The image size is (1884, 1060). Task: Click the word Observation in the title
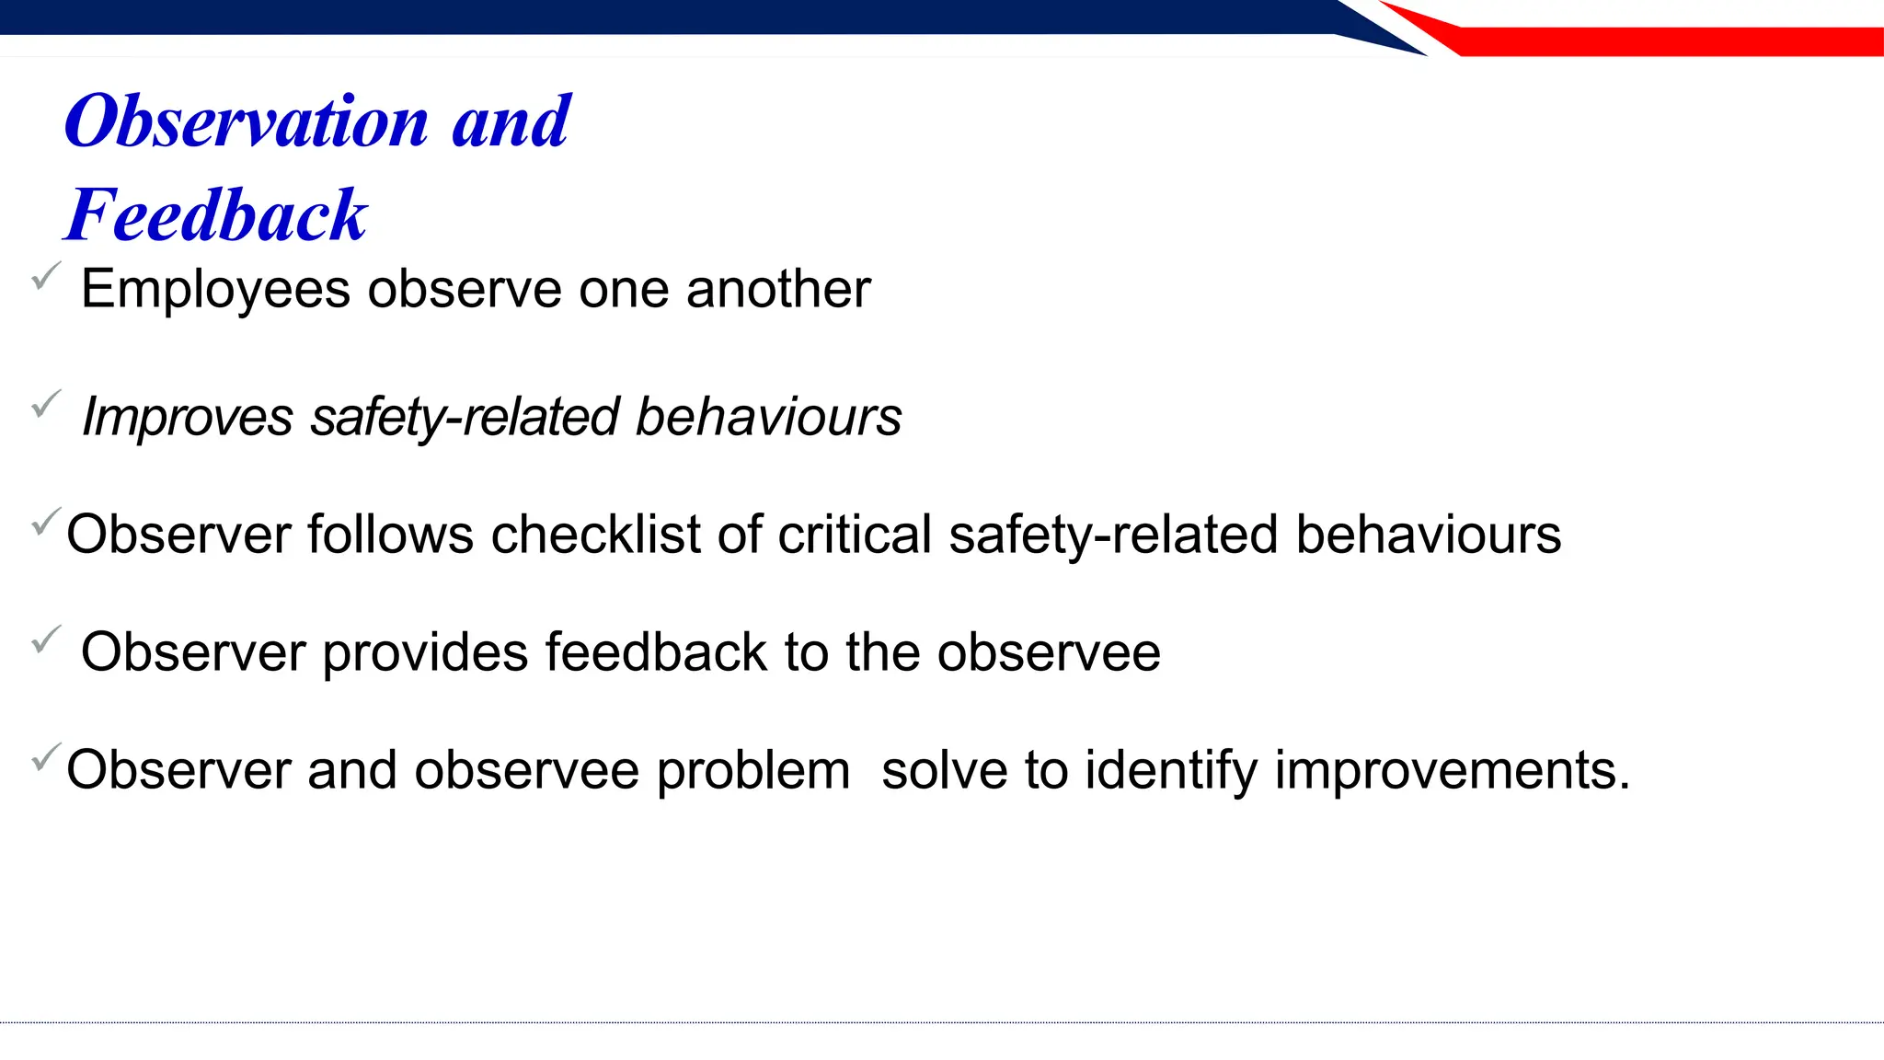247,121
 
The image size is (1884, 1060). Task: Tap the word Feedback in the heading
216,215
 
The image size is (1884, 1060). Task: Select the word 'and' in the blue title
511,121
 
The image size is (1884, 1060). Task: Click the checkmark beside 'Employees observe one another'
45,275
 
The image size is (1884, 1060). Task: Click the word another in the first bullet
778,290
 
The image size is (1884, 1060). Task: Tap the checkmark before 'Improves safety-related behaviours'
45,403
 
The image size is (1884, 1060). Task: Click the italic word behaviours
769,417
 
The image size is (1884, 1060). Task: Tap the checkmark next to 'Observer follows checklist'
46,521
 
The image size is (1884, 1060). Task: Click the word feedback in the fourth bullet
656,652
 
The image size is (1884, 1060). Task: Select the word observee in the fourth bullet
1049,652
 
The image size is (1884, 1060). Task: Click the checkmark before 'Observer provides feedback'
45,639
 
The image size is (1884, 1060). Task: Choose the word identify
1171,770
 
